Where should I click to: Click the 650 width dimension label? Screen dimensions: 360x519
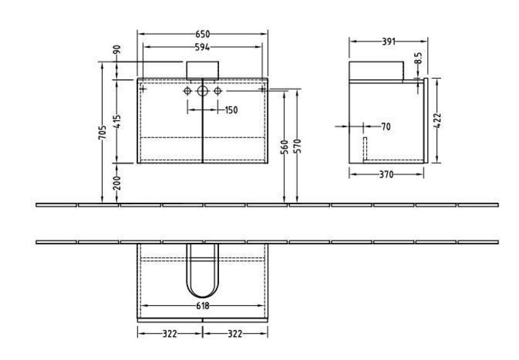pyautogui.click(x=202, y=34)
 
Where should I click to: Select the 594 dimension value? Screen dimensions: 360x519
pyautogui.click(x=202, y=47)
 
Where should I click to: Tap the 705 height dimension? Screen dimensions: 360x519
pyautogui.click(x=103, y=133)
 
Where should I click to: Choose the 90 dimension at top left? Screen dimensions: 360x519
pyautogui.click(x=117, y=50)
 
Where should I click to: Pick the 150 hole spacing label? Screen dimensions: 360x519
pyautogui.click(x=231, y=110)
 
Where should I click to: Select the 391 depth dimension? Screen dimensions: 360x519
pyautogui.click(x=387, y=41)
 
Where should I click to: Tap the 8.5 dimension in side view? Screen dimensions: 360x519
pyautogui.click(x=418, y=58)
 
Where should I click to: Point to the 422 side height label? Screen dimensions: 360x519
pyautogui.click(x=437, y=120)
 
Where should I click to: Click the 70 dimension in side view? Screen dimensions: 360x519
pyautogui.click(x=385, y=126)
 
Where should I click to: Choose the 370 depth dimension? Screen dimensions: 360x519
pyautogui.click(x=385, y=175)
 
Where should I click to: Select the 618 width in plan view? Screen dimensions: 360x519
pyautogui.click(x=202, y=306)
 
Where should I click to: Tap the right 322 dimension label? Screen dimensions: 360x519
pyautogui.click(x=235, y=334)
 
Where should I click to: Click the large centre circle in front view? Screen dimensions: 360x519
pyautogui.click(x=202, y=91)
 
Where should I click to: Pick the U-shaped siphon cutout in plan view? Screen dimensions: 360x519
pyautogui.click(x=202, y=275)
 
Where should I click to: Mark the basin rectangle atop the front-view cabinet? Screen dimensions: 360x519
pyautogui.click(x=202, y=70)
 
